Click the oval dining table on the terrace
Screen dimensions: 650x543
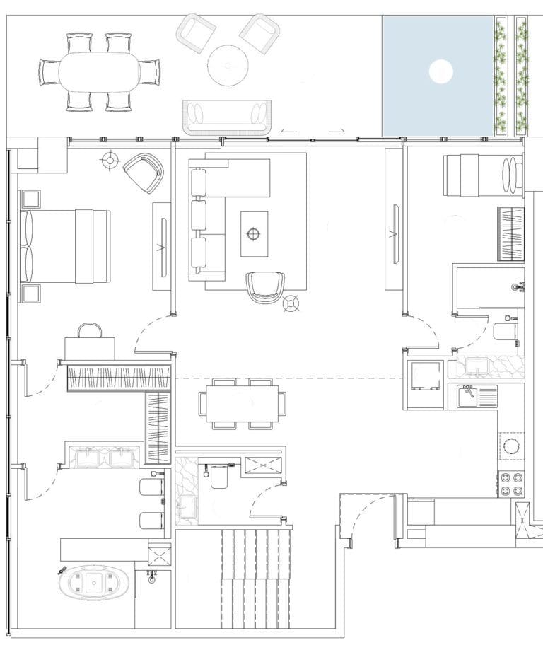(99, 72)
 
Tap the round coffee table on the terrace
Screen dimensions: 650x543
(228, 65)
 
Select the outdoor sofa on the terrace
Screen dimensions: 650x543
(227, 116)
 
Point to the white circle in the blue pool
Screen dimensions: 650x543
(440, 71)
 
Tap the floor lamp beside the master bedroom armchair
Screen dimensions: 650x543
(110, 161)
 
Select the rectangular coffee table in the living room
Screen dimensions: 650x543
(254, 233)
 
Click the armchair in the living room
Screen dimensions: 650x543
(265, 286)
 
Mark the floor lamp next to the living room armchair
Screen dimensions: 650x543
(290, 305)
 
